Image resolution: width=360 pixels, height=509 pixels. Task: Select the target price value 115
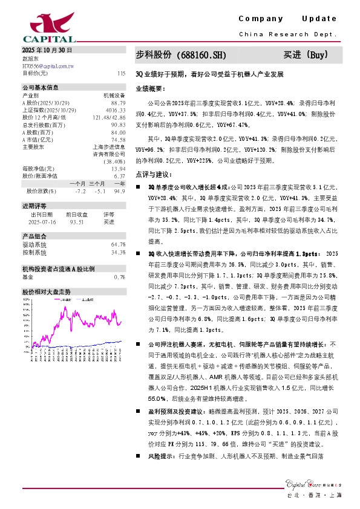pyautogui.click(x=122, y=73)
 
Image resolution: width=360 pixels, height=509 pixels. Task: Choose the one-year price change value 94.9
pyautogui.click(x=119, y=190)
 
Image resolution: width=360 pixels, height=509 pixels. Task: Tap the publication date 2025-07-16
pyautogui.click(x=42, y=221)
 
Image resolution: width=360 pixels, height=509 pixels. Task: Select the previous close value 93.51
pyautogui.click(x=76, y=221)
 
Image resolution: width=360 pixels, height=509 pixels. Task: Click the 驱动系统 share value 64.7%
pyautogui.click(x=118, y=244)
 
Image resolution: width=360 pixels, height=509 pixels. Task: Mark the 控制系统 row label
pyautogui.click(x=34, y=252)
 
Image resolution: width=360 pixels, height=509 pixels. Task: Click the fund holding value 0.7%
pyautogui.click(x=120, y=276)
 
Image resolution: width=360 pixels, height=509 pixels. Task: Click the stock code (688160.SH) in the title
pyautogui.click(x=200, y=55)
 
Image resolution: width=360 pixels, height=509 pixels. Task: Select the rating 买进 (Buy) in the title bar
pyautogui.click(x=306, y=55)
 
